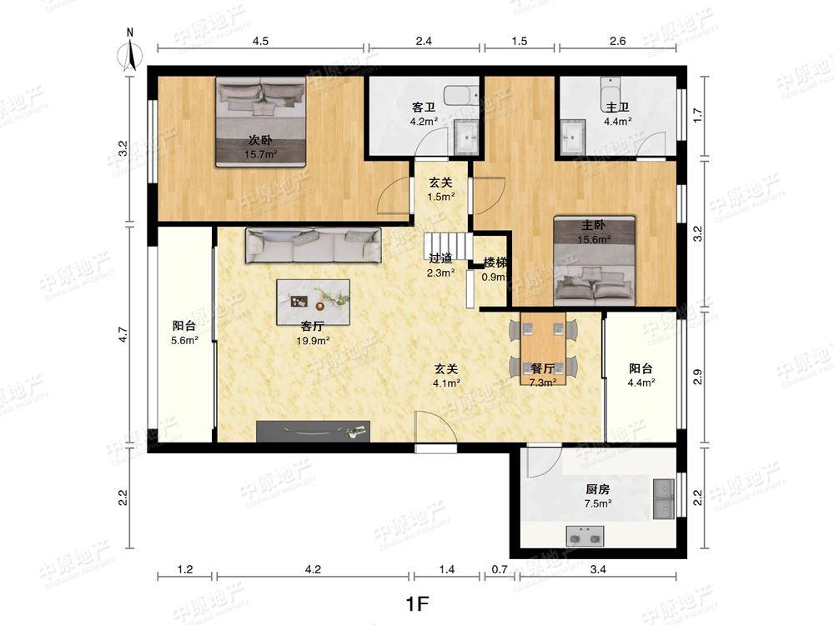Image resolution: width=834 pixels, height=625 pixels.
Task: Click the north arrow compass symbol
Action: click(130, 52)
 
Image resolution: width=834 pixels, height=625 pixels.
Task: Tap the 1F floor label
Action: click(417, 603)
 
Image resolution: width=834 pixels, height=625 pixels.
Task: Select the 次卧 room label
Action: click(260, 140)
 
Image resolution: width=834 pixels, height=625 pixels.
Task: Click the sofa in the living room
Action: click(314, 245)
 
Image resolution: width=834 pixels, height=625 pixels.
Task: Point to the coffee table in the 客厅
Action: click(314, 302)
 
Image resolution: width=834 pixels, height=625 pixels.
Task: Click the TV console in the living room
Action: click(313, 431)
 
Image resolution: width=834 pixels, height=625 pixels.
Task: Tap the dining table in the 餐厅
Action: click(543, 348)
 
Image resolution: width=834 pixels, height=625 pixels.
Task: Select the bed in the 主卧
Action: click(594, 260)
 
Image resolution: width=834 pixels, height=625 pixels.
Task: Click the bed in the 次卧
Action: click(260, 122)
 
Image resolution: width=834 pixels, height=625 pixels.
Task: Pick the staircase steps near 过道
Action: click(448, 246)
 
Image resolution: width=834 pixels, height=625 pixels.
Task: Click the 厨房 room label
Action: click(598, 489)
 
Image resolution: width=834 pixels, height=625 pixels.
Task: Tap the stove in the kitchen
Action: click(585, 536)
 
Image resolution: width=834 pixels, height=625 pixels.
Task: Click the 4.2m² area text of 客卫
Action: click(424, 121)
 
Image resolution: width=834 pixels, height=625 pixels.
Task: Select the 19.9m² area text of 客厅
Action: click(313, 341)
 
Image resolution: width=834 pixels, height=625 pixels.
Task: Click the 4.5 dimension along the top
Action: click(260, 41)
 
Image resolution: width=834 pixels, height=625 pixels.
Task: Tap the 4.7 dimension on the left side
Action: click(123, 334)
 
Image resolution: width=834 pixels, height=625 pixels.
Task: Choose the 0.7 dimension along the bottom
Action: click(500, 570)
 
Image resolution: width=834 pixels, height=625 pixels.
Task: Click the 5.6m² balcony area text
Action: click(184, 341)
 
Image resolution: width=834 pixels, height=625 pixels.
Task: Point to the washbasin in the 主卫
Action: click(572, 137)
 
